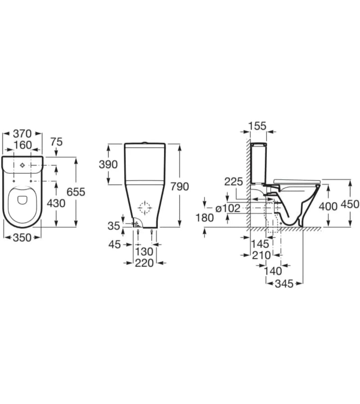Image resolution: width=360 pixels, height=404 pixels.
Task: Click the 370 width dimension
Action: tap(22, 134)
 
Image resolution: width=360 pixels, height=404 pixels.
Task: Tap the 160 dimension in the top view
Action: tap(22, 145)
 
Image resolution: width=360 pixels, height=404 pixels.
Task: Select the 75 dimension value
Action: tap(56, 142)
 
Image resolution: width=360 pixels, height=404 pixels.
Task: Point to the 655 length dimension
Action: tap(76, 192)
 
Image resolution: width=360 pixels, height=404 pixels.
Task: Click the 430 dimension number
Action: tap(56, 204)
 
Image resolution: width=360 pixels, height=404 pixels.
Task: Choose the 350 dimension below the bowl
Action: tap(22, 237)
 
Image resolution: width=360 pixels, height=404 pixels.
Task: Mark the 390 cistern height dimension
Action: tap(108, 164)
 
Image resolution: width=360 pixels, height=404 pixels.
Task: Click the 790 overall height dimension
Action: tap(180, 186)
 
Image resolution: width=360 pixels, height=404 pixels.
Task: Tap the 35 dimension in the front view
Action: tap(114, 226)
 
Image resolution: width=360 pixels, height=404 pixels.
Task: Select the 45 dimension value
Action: tap(115, 245)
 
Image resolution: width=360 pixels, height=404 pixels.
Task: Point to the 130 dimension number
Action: tap(144, 251)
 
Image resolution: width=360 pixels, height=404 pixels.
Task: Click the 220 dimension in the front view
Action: tap(144, 263)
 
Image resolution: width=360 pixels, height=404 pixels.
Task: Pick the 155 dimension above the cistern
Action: tap(257, 126)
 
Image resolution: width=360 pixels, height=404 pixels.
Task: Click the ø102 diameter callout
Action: tap(228, 208)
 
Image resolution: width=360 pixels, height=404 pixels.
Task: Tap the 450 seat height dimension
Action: tap(350, 204)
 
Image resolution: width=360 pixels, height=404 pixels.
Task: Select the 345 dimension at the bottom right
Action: tap(284, 284)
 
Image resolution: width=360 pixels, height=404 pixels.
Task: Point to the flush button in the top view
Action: tap(22, 165)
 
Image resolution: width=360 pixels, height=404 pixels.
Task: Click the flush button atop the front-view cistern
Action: tap(145, 142)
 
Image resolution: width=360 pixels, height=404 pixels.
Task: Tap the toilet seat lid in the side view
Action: tap(297, 181)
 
